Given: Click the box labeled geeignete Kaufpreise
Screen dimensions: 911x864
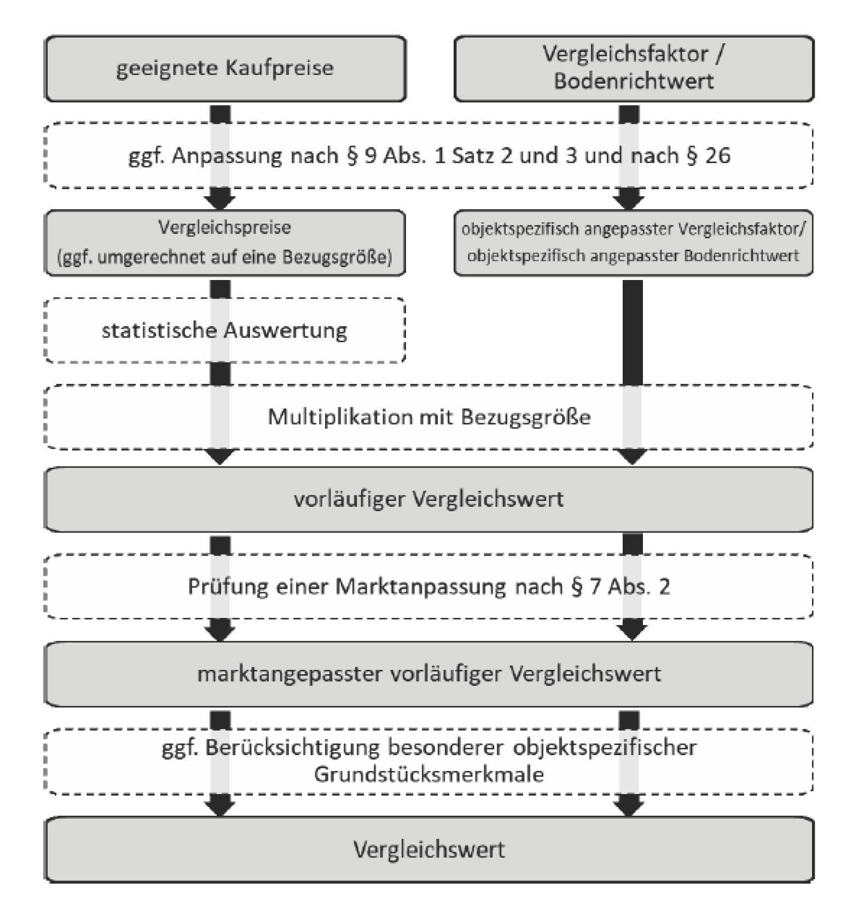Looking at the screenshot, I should click(x=225, y=69).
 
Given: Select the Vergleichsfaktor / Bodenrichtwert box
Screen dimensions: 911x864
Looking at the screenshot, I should click(x=634, y=69).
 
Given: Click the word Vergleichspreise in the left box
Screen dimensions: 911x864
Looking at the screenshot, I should click(x=224, y=227).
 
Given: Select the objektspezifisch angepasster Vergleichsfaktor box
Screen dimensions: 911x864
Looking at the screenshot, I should click(x=634, y=242).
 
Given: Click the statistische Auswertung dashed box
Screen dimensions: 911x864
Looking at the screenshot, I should click(x=224, y=330).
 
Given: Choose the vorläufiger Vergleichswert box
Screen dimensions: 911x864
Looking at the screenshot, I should click(x=428, y=499).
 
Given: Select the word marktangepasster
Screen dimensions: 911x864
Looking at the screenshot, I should click(x=289, y=674).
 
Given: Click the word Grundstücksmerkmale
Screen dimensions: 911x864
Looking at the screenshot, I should click(x=428, y=775).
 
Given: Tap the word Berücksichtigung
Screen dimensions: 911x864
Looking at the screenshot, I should click(x=292, y=748).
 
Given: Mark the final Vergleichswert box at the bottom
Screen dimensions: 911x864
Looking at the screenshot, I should click(x=428, y=850).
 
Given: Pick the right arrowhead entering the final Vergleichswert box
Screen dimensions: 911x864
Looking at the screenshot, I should click(x=629, y=806).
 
